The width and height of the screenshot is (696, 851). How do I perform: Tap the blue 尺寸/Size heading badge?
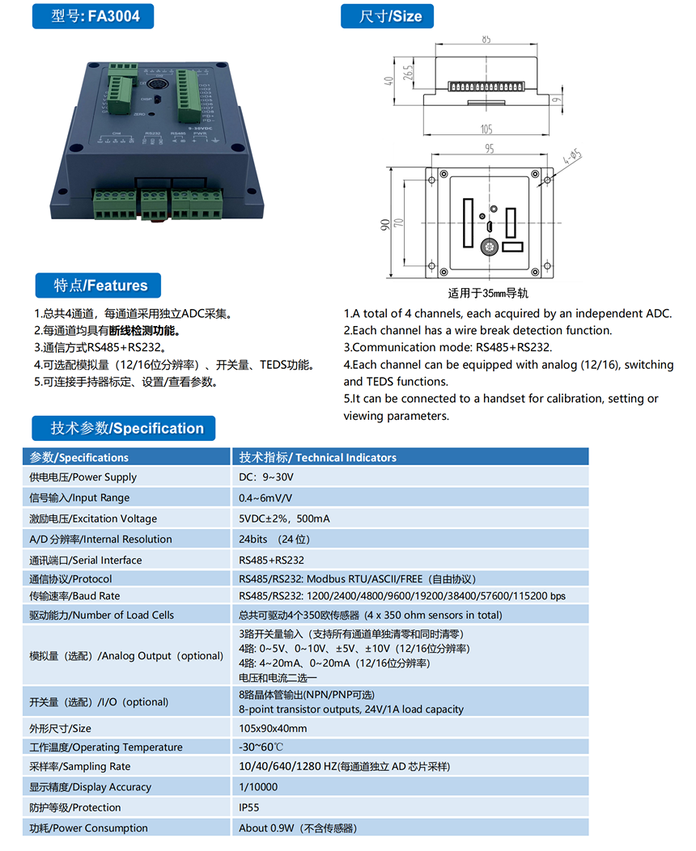(392, 16)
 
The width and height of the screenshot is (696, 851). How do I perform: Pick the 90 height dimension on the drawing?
(385, 224)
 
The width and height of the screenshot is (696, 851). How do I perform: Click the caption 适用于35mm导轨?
(489, 293)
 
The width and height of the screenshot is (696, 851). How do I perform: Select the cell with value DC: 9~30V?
(266, 477)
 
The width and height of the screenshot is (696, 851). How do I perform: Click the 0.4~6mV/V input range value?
(265, 497)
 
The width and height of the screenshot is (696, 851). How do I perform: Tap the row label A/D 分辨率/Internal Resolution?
(100, 539)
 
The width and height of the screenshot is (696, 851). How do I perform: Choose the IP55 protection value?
(249, 807)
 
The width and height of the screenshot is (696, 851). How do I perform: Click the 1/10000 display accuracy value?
(258, 786)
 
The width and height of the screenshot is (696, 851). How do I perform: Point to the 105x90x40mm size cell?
(273, 728)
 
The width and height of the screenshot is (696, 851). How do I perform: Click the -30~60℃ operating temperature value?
(261, 747)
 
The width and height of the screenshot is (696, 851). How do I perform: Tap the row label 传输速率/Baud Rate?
(74, 596)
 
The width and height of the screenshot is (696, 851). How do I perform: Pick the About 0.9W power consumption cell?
(298, 828)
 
